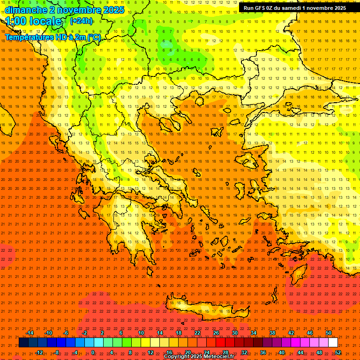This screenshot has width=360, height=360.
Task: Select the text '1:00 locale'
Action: point(33,21)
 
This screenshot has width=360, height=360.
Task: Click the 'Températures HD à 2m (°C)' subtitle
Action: point(53,37)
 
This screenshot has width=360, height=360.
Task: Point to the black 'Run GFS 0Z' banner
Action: point(295,7)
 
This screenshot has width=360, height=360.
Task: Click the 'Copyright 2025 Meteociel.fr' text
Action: point(199,357)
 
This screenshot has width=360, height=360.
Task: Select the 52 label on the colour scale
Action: point(338,352)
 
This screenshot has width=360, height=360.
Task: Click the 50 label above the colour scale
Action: point(329,333)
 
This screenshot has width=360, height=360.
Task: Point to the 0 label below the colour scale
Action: point(93,352)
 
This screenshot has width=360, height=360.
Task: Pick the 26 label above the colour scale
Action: point(216,333)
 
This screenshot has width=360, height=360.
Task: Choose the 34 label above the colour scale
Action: point(254,333)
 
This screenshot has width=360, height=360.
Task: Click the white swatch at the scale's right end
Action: point(333,343)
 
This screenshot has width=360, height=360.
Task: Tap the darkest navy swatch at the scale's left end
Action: point(23,343)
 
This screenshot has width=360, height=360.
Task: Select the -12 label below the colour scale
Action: point(39,352)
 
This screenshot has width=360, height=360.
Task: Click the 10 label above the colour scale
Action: point(141,333)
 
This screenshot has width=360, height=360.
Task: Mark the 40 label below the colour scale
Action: point(282,352)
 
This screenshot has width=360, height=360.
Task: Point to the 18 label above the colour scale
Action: point(179,333)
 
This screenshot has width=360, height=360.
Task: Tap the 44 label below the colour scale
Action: point(300,352)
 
